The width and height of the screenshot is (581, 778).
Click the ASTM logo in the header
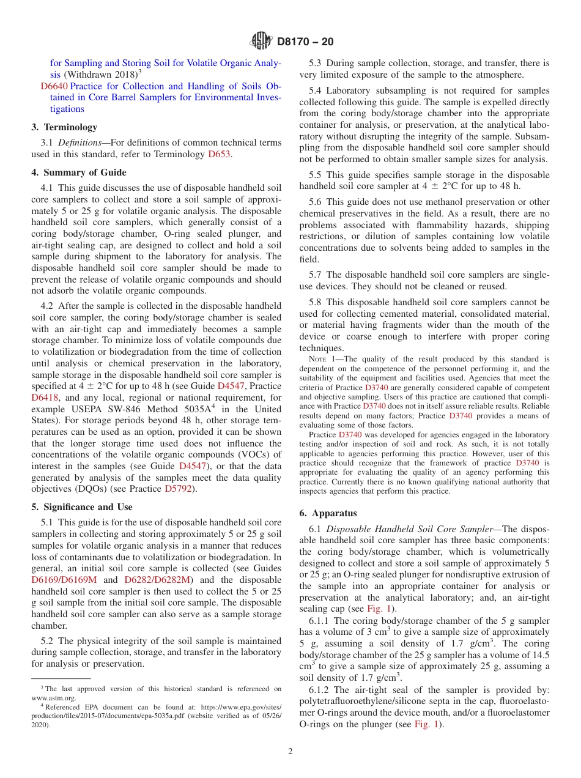click(x=261, y=42)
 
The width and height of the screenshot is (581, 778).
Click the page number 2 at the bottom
click(x=290, y=751)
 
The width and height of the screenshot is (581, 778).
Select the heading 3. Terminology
click(x=64, y=127)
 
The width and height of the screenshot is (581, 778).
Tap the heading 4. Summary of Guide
click(x=79, y=172)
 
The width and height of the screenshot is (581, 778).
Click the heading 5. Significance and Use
click(x=82, y=507)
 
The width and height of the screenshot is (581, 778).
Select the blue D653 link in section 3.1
click(x=219, y=154)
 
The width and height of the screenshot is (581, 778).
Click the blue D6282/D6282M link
click(x=158, y=580)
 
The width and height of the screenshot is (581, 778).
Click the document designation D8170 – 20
click(x=305, y=42)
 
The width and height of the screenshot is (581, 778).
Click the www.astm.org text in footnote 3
click(x=54, y=698)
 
